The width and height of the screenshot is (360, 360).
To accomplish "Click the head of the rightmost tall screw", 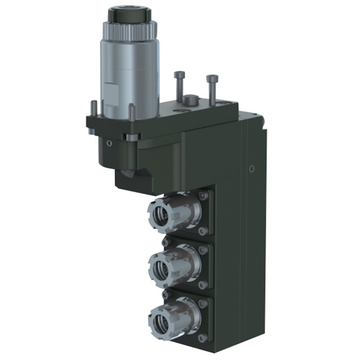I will pyautogui.click(x=211, y=79).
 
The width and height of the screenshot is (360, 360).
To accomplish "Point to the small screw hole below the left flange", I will pyautogui.click(x=110, y=143).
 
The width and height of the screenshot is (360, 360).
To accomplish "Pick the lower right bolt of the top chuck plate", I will pyautogui.click(x=202, y=231).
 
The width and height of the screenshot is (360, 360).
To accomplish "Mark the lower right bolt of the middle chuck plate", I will pyautogui.click(x=202, y=285).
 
